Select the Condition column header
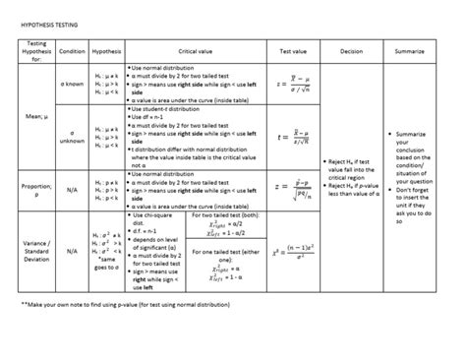point(72,50)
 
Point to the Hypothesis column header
point(106,50)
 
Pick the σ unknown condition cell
point(72,138)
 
